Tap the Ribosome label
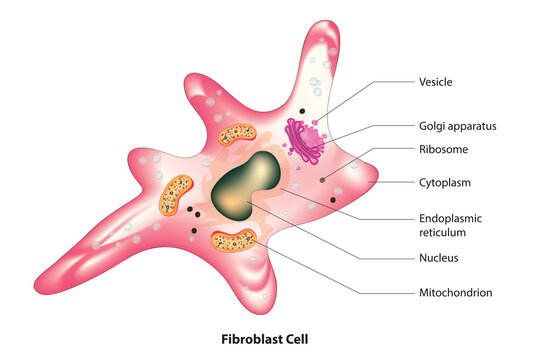[442, 149]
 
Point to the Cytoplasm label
[445, 183]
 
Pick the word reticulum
[444, 232]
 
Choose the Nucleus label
[440, 258]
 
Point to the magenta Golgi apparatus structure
[304, 139]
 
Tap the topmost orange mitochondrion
[237, 132]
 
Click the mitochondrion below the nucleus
[234, 239]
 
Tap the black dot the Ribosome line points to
[322, 180]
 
